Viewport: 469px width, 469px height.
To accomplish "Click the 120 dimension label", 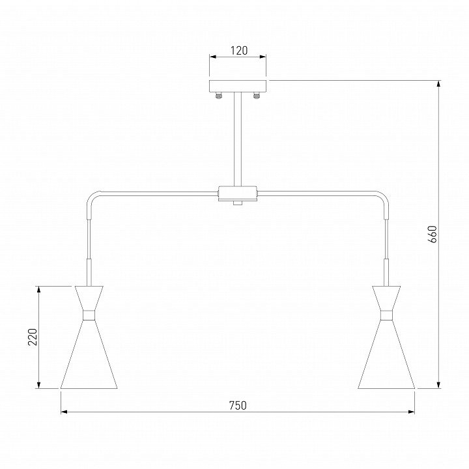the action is [239, 51].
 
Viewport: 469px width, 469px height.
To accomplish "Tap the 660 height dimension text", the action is [433, 234].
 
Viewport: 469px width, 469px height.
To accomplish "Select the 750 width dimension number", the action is [238, 405].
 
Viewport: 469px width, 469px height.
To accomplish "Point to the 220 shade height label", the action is [33, 337].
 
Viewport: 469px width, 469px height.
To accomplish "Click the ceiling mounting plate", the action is [238, 86].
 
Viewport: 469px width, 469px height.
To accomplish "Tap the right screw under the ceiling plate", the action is [256, 95].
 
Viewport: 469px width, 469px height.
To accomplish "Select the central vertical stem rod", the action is [238, 139].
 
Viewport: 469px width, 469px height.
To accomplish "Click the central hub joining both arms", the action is [238, 193].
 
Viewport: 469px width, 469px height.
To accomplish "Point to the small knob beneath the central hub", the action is [238, 203].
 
